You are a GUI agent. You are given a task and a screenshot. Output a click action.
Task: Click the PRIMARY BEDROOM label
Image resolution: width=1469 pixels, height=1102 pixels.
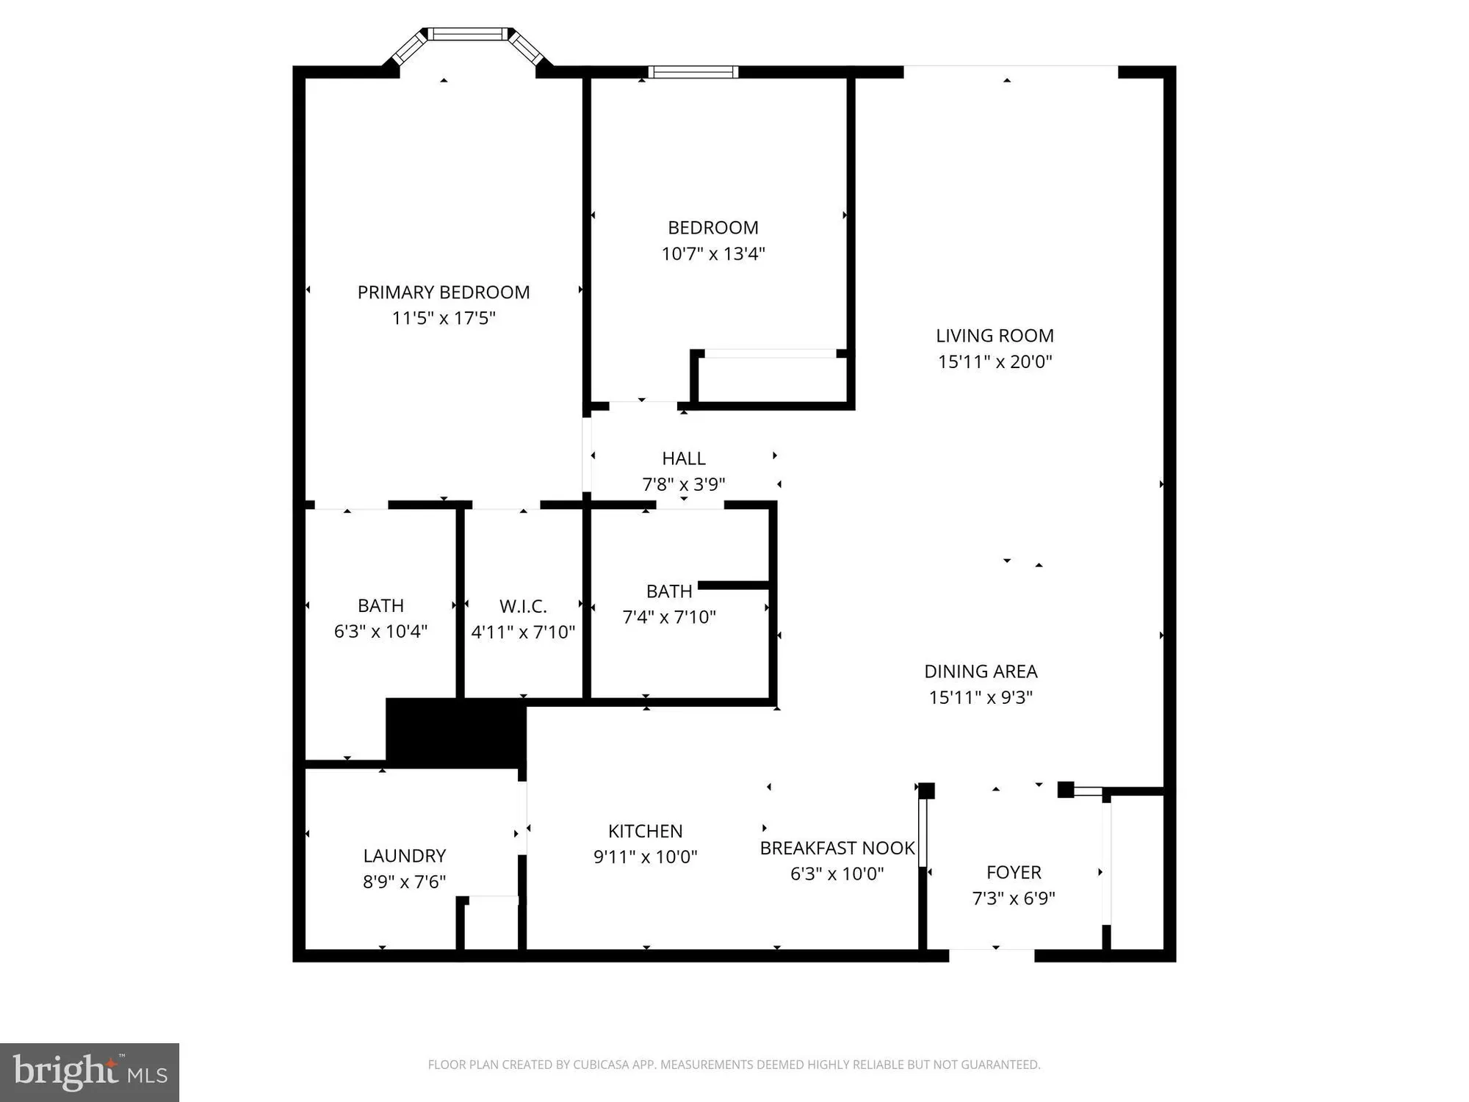click(443, 292)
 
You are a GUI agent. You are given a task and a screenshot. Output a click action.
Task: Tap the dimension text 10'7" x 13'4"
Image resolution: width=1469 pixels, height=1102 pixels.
click(712, 253)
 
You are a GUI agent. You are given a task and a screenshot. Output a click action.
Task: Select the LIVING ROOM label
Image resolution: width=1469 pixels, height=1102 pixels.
click(995, 336)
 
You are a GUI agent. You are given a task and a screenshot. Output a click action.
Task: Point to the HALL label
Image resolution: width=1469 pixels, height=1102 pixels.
click(683, 458)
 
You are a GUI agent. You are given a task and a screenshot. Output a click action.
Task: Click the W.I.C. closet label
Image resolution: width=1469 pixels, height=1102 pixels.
click(523, 606)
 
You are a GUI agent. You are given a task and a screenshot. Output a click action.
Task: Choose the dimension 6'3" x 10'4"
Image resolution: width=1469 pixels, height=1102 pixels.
click(380, 631)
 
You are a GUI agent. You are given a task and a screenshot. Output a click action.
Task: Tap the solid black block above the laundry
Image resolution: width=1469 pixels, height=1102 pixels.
click(455, 733)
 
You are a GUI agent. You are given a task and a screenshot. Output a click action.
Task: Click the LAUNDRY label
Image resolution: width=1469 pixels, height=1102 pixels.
click(404, 856)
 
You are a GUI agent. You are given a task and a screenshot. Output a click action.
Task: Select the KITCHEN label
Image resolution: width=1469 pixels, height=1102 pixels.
click(645, 831)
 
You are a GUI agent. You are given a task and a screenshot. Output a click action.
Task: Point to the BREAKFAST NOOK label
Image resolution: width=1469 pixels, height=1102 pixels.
click(837, 848)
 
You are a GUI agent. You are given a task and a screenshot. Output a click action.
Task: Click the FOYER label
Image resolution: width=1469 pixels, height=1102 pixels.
click(1014, 872)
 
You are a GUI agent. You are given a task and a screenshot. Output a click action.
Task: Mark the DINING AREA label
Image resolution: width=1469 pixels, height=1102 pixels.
click(981, 671)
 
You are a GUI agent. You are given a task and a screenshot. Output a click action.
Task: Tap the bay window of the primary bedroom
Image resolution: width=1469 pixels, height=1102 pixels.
click(468, 35)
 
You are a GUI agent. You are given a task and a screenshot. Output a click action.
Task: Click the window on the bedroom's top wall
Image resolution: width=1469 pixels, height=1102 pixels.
click(693, 72)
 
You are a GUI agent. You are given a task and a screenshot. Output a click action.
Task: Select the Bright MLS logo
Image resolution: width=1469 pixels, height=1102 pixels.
click(90, 1072)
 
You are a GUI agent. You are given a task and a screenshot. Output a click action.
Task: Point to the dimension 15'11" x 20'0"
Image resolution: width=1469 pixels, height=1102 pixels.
click(995, 361)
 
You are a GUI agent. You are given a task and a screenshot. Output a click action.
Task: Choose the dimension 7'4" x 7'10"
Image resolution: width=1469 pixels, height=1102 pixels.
click(668, 617)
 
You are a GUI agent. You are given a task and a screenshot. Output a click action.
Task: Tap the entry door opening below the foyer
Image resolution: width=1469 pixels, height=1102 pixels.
click(992, 955)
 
